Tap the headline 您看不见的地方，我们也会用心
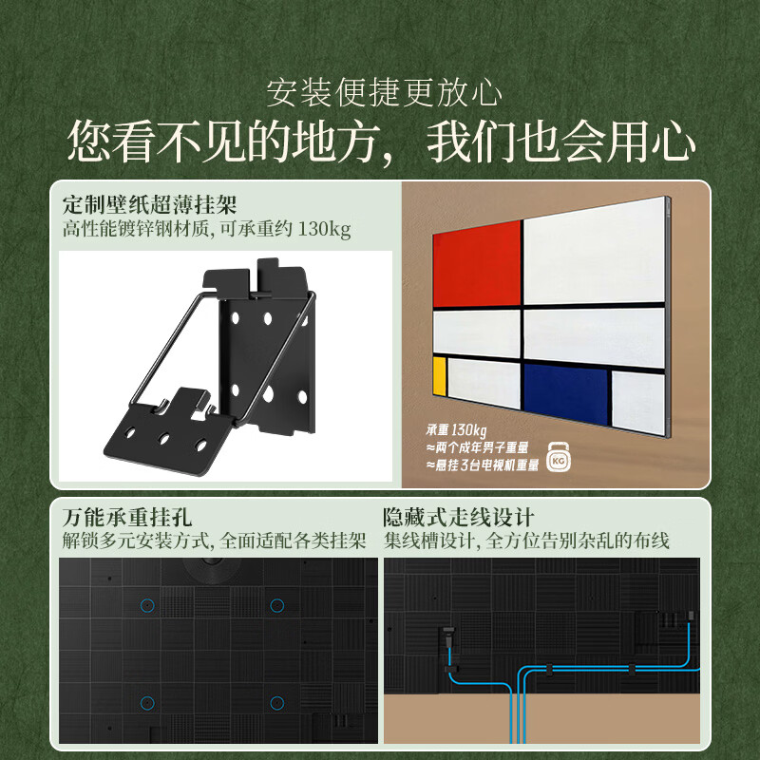pyautogui.click(x=381, y=142)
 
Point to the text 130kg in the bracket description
pyautogui.click(x=325, y=230)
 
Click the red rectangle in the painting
pyautogui.click(x=476, y=263)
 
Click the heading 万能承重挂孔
pyautogui.click(x=127, y=518)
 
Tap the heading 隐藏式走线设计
pyautogui.click(x=459, y=518)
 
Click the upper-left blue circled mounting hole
pyautogui.click(x=146, y=604)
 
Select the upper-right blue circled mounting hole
pyautogui.click(x=276, y=604)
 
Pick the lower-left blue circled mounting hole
pyautogui.click(x=146, y=702)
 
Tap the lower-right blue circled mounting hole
pyautogui.click(x=276, y=702)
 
